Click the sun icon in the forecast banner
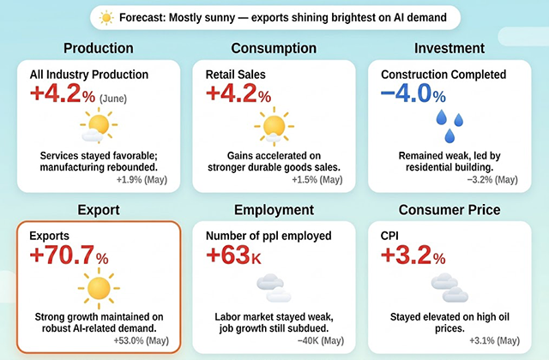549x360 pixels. point(106,17)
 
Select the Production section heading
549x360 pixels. point(99,48)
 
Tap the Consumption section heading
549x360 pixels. point(274,48)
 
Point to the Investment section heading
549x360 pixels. point(449,48)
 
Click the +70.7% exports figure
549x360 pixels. point(69,255)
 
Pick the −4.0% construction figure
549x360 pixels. point(413,93)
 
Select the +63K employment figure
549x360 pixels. point(233,255)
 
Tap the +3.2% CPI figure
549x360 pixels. point(413,255)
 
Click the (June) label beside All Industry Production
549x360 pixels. point(113,99)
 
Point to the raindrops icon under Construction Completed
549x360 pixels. point(449,126)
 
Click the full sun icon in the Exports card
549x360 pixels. point(99,288)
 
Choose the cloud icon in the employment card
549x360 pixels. point(274,288)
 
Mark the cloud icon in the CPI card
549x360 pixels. point(449,288)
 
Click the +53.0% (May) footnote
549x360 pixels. point(141,341)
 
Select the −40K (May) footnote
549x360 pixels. point(321,341)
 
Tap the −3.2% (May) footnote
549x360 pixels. point(492,180)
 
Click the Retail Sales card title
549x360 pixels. point(235,75)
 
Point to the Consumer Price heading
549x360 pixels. point(449,210)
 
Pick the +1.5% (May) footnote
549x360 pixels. point(317,180)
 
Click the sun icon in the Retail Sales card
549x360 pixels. point(274,126)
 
